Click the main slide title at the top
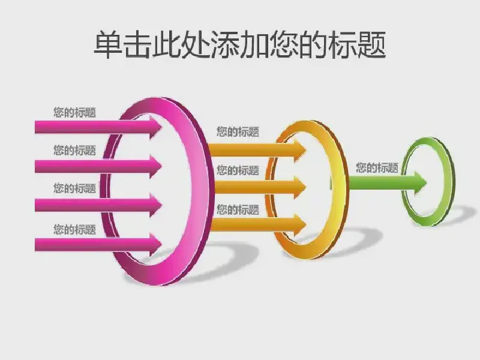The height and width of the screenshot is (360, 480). coord(239,44)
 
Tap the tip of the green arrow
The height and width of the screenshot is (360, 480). coord(427,183)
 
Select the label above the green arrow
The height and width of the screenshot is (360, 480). coord(377,168)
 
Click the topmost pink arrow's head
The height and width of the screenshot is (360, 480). coord(155,127)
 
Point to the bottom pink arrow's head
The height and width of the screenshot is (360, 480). coord(155,245)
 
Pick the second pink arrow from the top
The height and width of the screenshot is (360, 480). coord(98,166)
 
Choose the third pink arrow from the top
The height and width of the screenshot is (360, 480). coord(98,205)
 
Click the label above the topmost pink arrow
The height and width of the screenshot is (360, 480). coord(74,112)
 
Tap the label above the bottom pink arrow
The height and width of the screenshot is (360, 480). coord(74,229)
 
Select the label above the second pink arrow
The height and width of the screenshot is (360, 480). coord(74,151)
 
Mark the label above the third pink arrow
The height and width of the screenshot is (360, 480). coord(74,188)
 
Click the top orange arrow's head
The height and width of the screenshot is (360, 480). coord(300,150)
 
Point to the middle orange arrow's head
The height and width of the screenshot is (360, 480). coord(300,187)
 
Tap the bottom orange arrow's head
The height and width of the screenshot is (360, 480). coord(300,225)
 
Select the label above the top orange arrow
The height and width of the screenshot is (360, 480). coord(238,131)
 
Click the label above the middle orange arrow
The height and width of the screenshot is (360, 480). coord(238,170)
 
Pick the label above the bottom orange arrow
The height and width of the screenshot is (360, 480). coord(238,209)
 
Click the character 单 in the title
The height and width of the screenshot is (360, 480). coord(107,44)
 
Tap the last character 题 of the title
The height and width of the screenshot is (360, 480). coord(371,44)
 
